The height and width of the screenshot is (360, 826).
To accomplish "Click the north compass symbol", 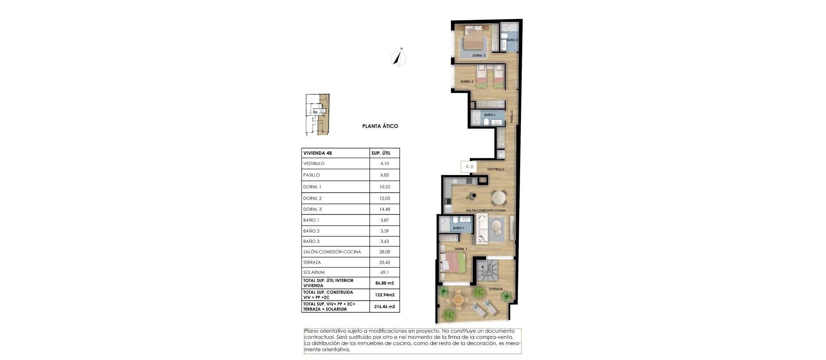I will (x=399, y=58).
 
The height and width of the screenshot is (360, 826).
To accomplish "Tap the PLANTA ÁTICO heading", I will (x=380, y=126).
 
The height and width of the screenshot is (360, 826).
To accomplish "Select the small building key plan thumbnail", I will (x=317, y=114).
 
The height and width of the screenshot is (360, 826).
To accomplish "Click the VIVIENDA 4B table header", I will (x=317, y=153).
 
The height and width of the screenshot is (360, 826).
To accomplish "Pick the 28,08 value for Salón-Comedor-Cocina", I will (x=385, y=252).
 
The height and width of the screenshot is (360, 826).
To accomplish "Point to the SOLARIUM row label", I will (x=314, y=272).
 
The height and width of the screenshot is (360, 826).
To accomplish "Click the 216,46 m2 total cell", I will (x=385, y=307).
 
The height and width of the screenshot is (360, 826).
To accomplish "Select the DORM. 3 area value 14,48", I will (x=385, y=209).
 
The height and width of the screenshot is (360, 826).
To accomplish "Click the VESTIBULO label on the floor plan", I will (x=496, y=169).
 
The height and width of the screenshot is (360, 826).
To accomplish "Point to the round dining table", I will (x=499, y=197).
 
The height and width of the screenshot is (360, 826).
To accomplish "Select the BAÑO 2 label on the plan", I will (x=490, y=115).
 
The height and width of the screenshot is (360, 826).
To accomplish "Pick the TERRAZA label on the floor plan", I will (x=496, y=289).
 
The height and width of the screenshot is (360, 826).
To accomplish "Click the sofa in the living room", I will (x=481, y=229).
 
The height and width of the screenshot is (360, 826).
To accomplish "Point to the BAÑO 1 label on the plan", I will (x=459, y=228).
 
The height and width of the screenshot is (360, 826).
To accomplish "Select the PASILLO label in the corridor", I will (x=512, y=117).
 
